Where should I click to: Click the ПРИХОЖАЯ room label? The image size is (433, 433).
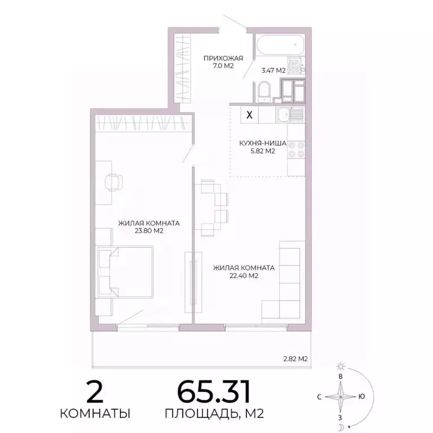pos(223,57)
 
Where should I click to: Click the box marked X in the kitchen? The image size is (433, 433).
pos(250,115)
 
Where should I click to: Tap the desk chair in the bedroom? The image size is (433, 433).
pos(114,182)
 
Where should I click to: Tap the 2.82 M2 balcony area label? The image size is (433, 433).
pos(295,359)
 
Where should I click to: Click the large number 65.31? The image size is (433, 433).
pos(214,391)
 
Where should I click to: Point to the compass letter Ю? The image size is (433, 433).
pos(361,396)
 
